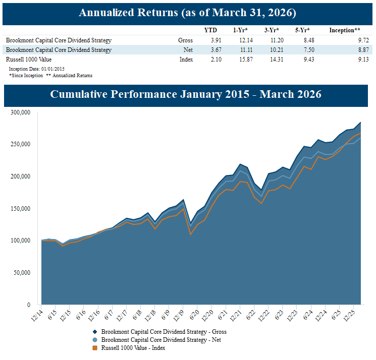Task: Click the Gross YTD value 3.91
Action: pos(210,40)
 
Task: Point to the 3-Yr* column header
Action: pos(271,30)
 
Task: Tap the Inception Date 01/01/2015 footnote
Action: pos(36,69)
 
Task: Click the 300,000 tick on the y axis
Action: pos(21,112)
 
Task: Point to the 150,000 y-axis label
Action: pos(21,209)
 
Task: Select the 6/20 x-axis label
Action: pos(192,315)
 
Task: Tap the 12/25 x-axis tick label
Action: pos(347,315)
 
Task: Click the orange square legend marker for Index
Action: pos(95,348)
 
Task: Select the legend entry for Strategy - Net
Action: pos(160,340)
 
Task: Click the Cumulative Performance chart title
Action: pos(186,94)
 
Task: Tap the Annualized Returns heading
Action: pos(187,13)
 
